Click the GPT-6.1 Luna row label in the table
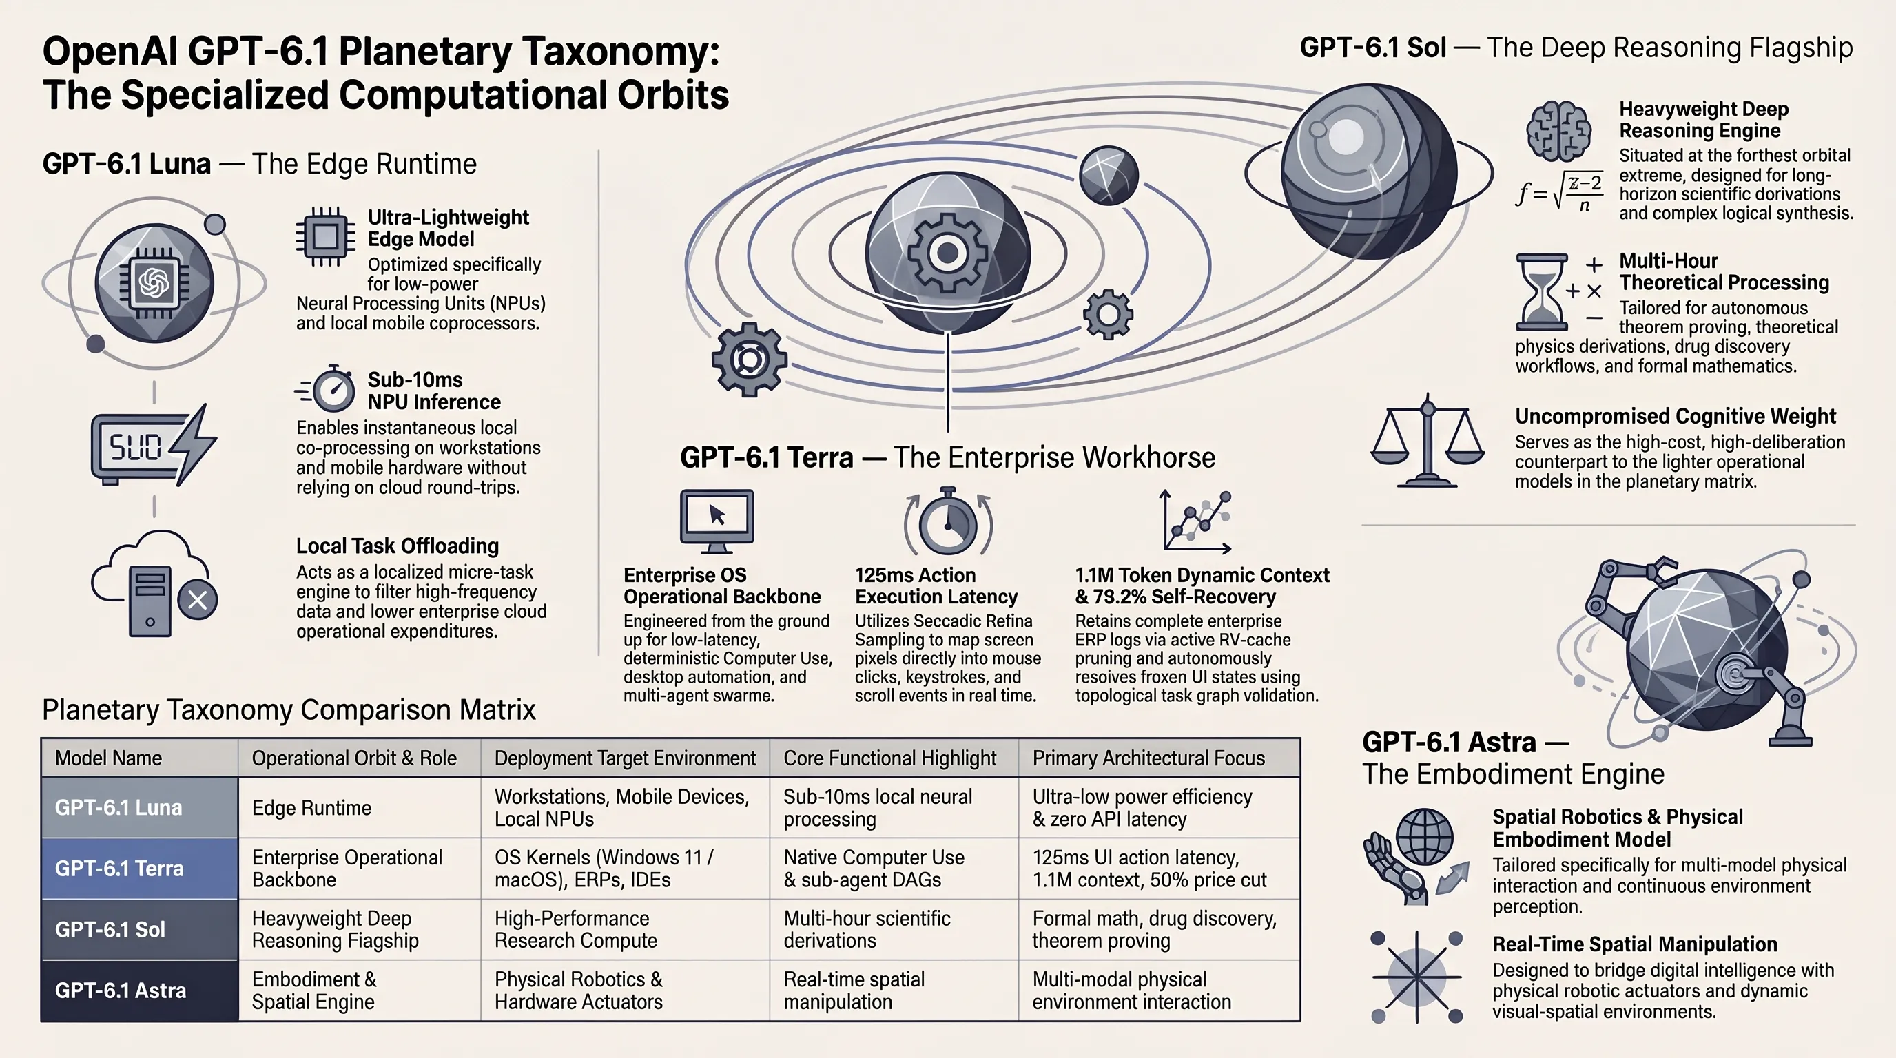tap(140, 807)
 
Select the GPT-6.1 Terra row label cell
tap(140, 868)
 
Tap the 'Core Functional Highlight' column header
tap(894, 758)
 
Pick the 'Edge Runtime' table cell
tap(359, 807)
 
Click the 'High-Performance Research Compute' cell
tap(625, 929)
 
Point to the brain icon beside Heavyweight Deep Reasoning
tap(1558, 131)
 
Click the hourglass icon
tap(1541, 292)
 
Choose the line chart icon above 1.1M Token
tap(1195, 521)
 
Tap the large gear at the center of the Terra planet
tap(947, 253)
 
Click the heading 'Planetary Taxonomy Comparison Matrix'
tap(289, 710)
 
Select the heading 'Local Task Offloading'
tap(398, 546)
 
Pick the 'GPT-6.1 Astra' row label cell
tap(140, 990)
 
